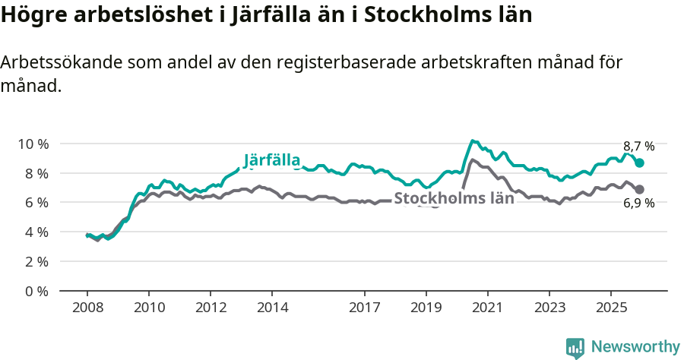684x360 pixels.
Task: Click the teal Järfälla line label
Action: click(272, 160)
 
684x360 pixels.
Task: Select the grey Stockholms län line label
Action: click(454, 198)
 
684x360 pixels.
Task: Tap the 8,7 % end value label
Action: click(638, 147)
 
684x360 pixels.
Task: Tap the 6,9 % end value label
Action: click(638, 203)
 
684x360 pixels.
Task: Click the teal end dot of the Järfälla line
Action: click(640, 163)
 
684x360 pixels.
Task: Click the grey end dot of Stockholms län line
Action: click(640, 189)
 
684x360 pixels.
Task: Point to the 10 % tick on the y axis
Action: click(34, 144)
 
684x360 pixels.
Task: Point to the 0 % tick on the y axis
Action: click(37, 291)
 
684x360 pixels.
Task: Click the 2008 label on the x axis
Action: click(87, 308)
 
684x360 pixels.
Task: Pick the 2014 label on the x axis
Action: click(272, 308)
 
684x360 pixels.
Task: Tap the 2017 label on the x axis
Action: click(364, 308)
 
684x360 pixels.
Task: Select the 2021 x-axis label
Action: click(487, 308)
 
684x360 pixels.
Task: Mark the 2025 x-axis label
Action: click(610, 308)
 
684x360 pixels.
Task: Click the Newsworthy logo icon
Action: click(575, 348)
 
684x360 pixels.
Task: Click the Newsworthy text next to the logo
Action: click(635, 347)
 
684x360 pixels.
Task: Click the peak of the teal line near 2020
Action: click(473, 141)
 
